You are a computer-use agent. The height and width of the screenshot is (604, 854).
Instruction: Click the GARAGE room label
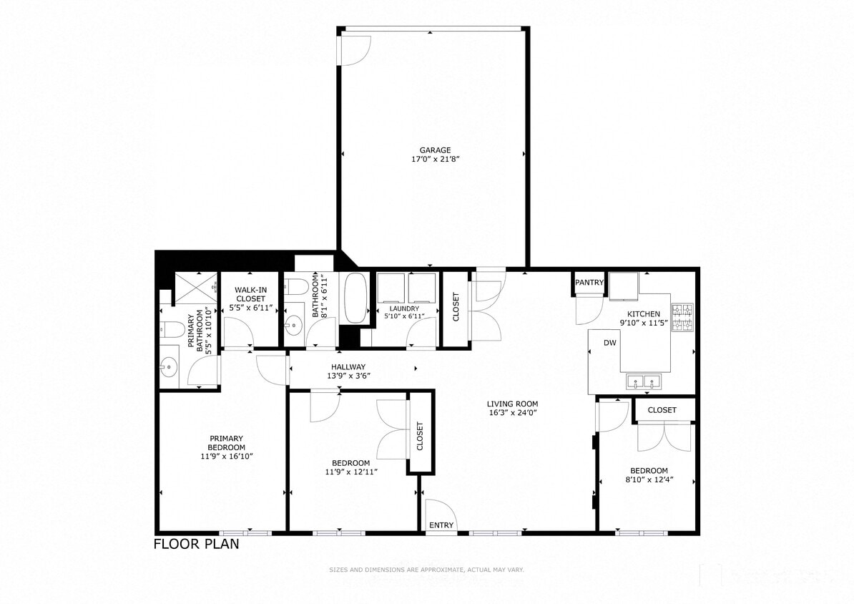pos(435,150)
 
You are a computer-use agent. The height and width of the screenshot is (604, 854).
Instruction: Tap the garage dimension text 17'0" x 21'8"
pos(435,160)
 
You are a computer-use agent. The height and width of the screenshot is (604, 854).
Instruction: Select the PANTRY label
pos(589,283)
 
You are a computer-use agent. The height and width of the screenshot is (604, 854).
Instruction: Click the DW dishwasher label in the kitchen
pos(609,344)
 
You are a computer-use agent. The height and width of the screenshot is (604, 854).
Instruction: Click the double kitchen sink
pos(642,381)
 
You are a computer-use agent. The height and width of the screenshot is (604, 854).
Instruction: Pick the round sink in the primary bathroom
pos(169,369)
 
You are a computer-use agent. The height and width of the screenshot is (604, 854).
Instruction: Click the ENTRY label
pos(441,525)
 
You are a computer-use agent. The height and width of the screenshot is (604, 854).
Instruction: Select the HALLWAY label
pos(348,366)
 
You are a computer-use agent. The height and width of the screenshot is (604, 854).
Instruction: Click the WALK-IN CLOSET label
pos(250,294)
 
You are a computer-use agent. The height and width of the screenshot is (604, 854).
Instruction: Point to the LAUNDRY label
pos(404,308)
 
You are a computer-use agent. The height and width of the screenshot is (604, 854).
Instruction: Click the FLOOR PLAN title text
pos(197,544)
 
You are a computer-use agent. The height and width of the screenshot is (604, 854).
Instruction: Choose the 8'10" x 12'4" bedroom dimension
pos(649,479)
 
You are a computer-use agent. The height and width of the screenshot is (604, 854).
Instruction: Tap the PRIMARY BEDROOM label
pos(227,443)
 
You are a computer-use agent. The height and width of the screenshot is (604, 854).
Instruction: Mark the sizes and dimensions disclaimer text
pos(426,570)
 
